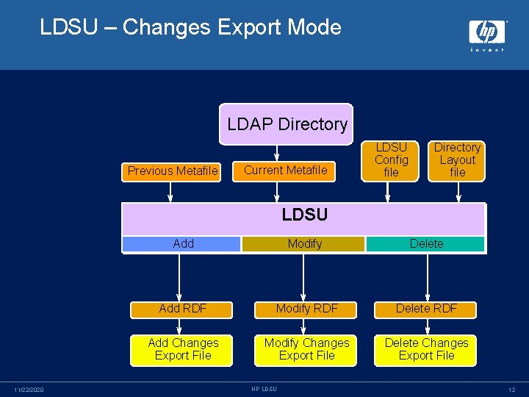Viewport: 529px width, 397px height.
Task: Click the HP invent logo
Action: tap(487, 35)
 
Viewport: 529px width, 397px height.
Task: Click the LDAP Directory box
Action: tap(287, 124)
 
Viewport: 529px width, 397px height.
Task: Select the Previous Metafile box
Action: tap(173, 171)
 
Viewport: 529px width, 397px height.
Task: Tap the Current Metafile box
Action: tap(285, 171)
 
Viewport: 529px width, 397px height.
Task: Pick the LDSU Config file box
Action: tap(391, 160)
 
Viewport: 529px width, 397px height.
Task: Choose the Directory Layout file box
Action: tap(457, 160)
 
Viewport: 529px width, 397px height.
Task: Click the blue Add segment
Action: tap(182, 244)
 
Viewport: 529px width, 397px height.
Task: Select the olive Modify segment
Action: tap(304, 244)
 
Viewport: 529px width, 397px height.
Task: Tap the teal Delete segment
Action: tap(426, 244)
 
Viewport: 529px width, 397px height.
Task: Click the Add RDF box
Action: tap(182, 309)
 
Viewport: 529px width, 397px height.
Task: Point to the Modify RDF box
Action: tap(306, 309)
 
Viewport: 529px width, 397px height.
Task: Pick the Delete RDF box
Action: tap(426, 309)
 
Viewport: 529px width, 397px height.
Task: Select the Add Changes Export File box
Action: tap(182, 349)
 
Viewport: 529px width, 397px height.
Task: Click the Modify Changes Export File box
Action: tap(306, 349)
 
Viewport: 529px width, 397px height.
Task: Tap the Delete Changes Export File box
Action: tap(426, 349)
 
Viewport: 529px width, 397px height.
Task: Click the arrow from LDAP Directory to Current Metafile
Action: tap(277, 152)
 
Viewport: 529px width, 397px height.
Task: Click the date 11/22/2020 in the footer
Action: tap(29, 390)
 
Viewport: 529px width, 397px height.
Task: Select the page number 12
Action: tap(511, 390)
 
